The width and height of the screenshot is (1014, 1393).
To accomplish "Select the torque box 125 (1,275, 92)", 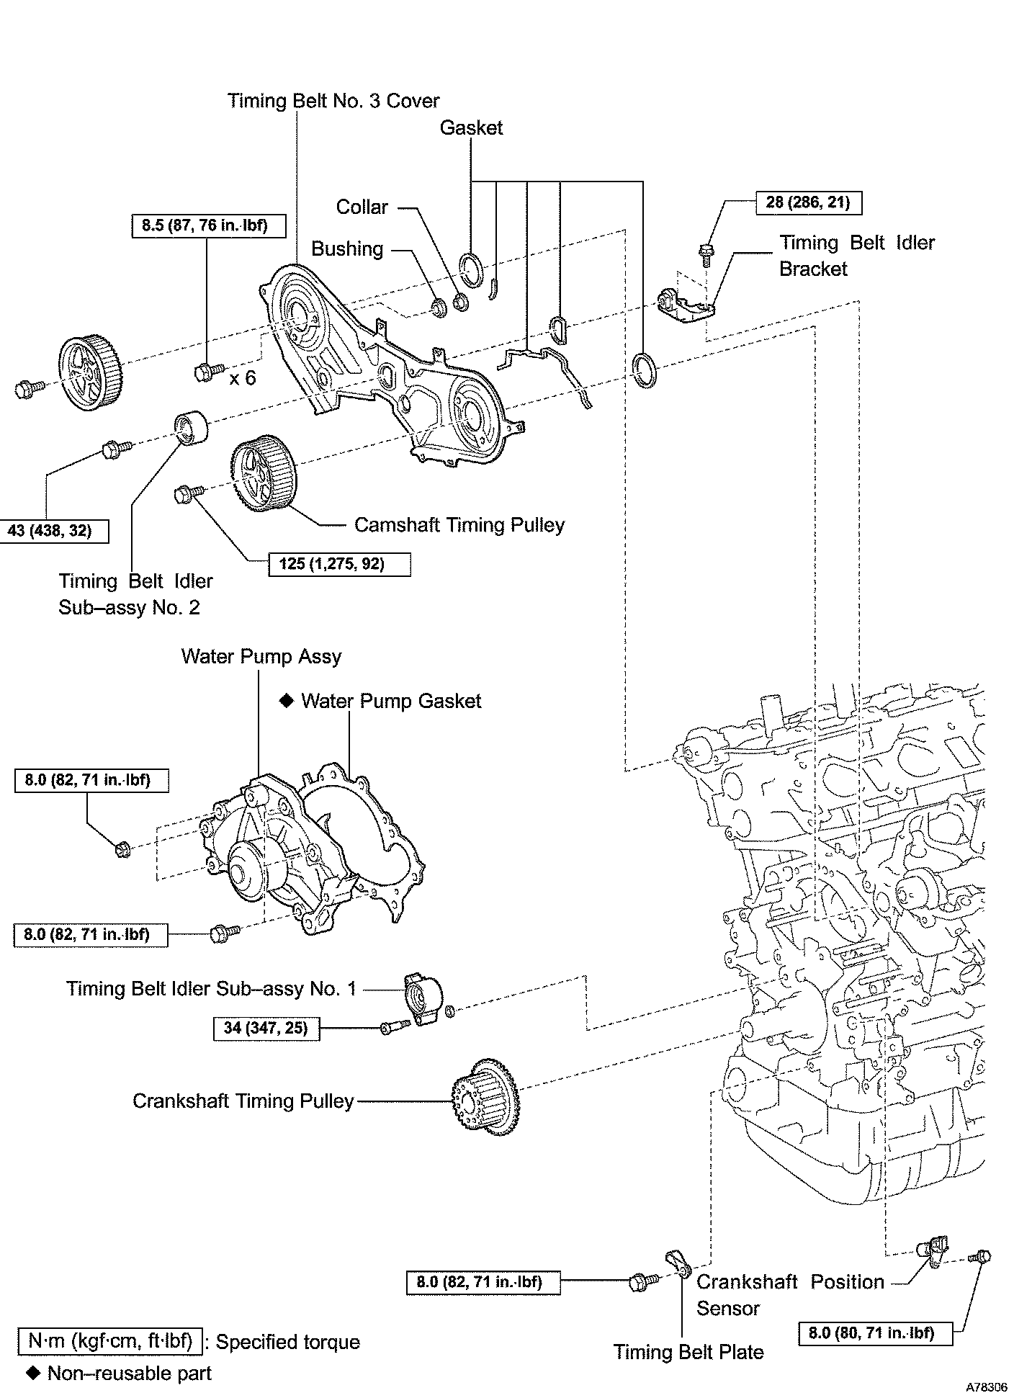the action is pos(340,564).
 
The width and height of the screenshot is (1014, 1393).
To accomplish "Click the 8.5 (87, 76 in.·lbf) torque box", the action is pos(209,226).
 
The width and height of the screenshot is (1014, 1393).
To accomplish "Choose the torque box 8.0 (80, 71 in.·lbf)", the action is pos(875,1332).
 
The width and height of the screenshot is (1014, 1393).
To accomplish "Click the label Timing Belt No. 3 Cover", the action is pos(333,101).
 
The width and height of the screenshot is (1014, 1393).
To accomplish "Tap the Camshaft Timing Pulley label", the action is pos(459,525).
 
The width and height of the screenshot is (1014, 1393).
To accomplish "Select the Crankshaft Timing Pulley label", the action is pos(243,1101).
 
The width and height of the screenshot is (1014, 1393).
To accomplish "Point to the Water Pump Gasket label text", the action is pos(391,701).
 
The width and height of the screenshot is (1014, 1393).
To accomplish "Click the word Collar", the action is pos(362,207).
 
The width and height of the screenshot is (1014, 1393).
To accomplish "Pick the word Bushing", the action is pos(347,249).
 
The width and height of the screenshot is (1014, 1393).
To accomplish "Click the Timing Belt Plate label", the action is pos(688,1352).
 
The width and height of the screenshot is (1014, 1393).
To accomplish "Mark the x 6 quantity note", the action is pos(243,378).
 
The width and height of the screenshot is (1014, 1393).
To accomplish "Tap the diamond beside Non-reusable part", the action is pos(32,1373).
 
